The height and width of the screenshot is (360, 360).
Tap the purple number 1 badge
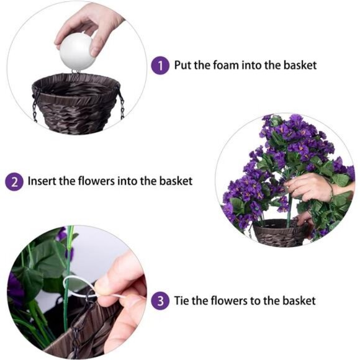pos(160,65)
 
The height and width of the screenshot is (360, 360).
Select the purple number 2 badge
pos(14,182)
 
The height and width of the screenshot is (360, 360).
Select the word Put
pos(184,65)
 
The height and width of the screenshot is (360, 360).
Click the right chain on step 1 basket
pos(120,102)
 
